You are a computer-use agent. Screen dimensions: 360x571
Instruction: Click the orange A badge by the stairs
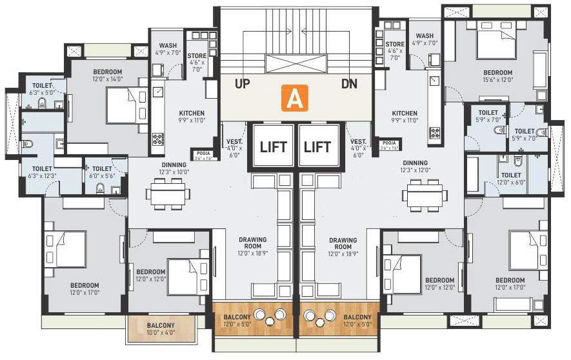294,99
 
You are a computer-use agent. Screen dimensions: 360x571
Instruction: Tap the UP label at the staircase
242,84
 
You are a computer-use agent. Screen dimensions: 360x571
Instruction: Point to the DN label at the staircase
349,84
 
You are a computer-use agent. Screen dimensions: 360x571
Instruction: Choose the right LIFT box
318,146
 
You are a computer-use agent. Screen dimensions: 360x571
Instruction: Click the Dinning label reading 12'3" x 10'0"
174,168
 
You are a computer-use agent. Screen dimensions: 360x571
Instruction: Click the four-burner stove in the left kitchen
157,139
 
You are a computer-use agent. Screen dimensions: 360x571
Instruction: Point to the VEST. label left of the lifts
234,145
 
